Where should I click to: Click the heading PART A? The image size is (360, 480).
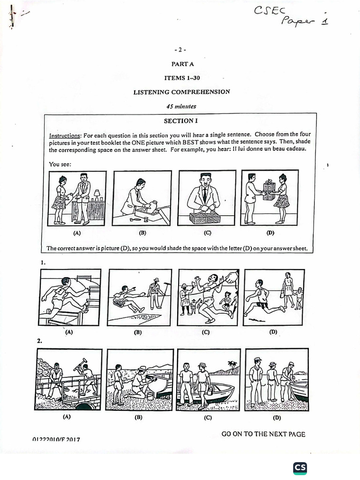pyautogui.click(x=182, y=64)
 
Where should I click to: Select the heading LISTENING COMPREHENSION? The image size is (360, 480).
pyautogui.click(x=182, y=92)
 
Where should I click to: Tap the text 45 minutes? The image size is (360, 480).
pyautogui.click(x=181, y=106)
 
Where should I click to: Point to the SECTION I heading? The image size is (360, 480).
pyautogui.click(x=180, y=121)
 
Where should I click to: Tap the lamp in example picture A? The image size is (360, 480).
pyautogui.click(x=97, y=194)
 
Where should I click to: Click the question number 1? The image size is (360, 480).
pyautogui.click(x=43, y=262)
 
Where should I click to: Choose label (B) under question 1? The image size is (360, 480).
pyautogui.click(x=137, y=332)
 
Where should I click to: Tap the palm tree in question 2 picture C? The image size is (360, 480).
pyautogui.click(x=232, y=365)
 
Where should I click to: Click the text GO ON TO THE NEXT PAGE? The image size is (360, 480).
pyautogui.click(x=263, y=434)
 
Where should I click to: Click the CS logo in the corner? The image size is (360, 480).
pyautogui.click(x=300, y=468)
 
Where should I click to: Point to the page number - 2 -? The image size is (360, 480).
pyautogui.click(x=180, y=50)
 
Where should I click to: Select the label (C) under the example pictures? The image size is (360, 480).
pyautogui.click(x=207, y=232)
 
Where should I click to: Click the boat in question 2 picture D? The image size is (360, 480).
pyautogui.click(x=300, y=390)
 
